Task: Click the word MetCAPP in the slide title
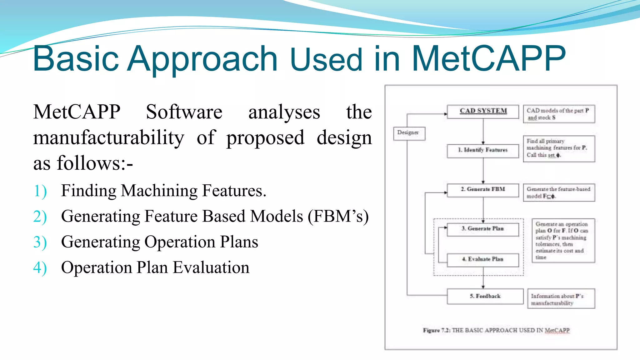(x=488, y=58)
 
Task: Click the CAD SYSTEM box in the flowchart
(x=483, y=112)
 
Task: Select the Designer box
(x=409, y=133)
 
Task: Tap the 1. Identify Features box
(x=483, y=151)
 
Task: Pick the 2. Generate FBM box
(x=483, y=190)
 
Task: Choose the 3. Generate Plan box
(x=483, y=229)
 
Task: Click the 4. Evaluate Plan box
(x=483, y=260)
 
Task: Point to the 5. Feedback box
(x=485, y=296)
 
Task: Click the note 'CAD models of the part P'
(x=559, y=114)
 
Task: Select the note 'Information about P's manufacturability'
(x=561, y=299)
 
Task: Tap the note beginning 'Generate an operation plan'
(x=563, y=240)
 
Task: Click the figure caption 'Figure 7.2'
(x=496, y=331)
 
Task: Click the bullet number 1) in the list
(x=40, y=191)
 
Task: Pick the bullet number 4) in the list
(x=40, y=268)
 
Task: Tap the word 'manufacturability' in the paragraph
(x=109, y=138)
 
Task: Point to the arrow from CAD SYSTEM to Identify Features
(x=483, y=131)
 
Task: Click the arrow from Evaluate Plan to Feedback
(x=483, y=278)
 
